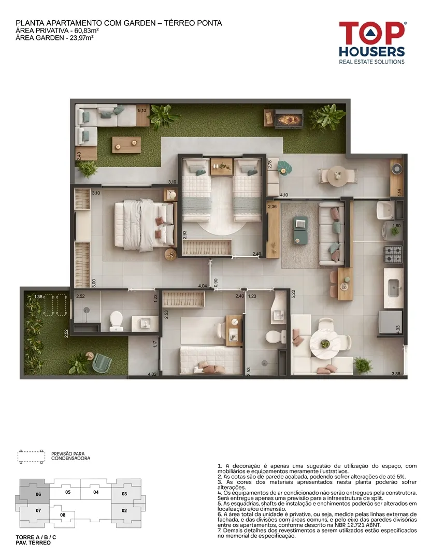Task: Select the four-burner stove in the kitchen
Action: pyautogui.click(x=393, y=254)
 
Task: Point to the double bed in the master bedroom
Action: pyautogui.click(x=145, y=225)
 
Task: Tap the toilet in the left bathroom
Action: pyautogui.click(x=116, y=320)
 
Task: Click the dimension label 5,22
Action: pyautogui.click(x=293, y=294)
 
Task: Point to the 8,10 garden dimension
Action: pyautogui.click(x=141, y=111)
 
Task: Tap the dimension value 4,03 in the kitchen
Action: pyautogui.click(x=398, y=328)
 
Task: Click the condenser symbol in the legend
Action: pyautogui.click(x=32, y=457)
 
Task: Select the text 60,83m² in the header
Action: pyautogui.click(x=87, y=31)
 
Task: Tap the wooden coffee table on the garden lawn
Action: pyautogui.click(x=126, y=144)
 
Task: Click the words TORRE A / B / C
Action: pyautogui.click(x=36, y=537)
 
